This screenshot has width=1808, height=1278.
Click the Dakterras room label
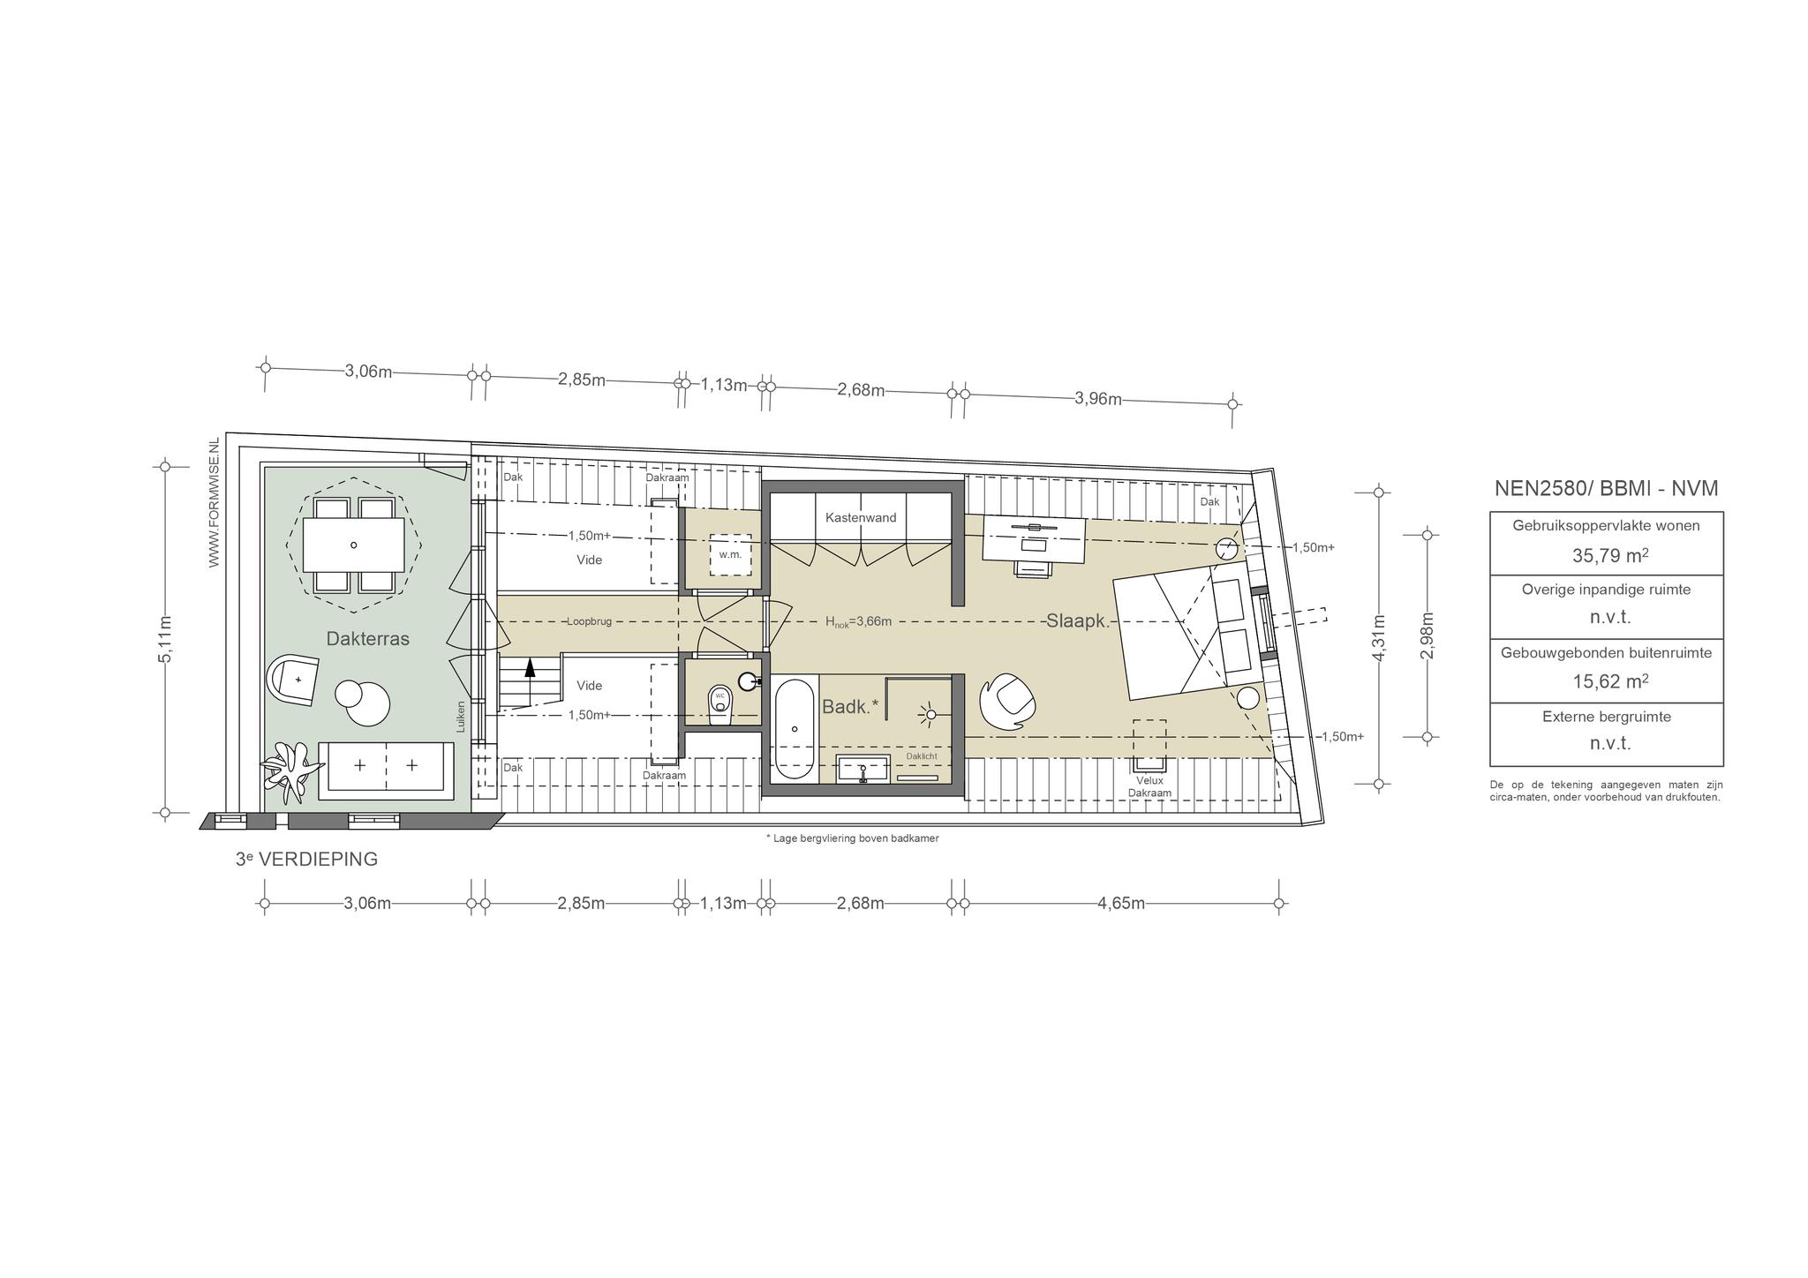[x=367, y=639]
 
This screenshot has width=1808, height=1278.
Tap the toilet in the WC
[x=720, y=705]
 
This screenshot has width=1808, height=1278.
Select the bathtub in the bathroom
[x=795, y=728]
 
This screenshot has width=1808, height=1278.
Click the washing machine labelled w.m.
[x=730, y=554]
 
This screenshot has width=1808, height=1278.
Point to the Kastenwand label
[x=861, y=517]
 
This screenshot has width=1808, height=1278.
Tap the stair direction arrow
[x=530, y=680]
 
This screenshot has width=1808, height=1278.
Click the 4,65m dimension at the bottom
[x=1121, y=903]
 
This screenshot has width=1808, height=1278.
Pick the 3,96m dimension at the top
[x=1098, y=399]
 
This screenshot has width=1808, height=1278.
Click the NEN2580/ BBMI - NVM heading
[x=1606, y=488]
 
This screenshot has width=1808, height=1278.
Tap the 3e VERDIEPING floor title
[x=306, y=859]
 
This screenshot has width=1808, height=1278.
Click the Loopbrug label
[x=589, y=621]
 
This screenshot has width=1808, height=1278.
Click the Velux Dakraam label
[x=1149, y=786]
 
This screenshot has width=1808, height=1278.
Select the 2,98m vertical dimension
[x=1428, y=635]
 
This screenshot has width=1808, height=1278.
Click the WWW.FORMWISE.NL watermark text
[x=214, y=502]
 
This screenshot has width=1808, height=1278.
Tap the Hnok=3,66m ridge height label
[x=858, y=621]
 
